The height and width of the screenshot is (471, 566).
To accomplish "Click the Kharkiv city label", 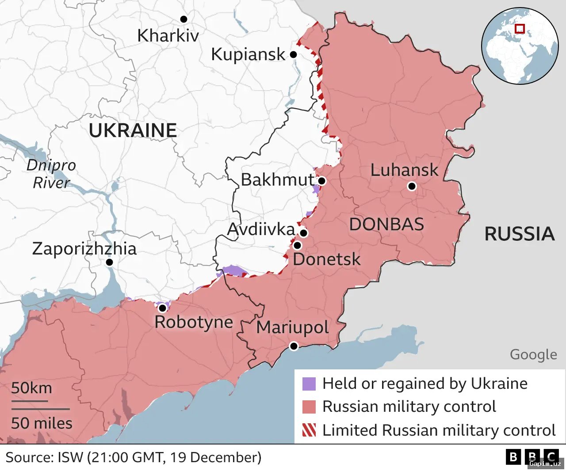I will [x=168, y=36].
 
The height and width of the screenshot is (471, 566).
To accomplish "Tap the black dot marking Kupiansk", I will [x=293, y=55].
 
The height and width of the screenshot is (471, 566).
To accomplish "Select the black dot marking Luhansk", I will [x=412, y=186].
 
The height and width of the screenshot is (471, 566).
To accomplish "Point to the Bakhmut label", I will [x=277, y=180].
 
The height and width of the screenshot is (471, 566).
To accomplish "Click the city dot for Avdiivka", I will [x=303, y=233].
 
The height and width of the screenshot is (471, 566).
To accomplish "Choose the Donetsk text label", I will [x=326, y=259].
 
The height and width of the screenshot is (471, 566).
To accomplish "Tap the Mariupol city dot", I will [x=294, y=346].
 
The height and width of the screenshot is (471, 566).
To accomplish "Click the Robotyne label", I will [x=194, y=322].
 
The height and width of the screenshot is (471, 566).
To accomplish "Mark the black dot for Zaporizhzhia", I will [x=110, y=262].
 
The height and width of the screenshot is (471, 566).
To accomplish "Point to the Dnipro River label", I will [x=51, y=174].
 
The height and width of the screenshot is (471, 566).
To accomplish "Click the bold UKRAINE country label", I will [x=133, y=131].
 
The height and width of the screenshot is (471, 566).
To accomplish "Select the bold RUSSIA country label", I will [x=520, y=234].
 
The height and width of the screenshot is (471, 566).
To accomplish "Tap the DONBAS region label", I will [x=386, y=224].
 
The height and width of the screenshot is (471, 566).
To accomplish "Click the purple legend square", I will [x=309, y=384].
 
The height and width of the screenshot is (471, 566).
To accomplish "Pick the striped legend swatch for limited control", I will [x=309, y=430].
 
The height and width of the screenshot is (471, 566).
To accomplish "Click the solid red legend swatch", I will [x=309, y=407].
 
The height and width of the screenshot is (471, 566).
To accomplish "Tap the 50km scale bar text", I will [x=31, y=388].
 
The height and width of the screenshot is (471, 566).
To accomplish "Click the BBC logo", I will [x=532, y=457].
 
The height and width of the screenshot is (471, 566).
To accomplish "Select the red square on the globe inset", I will [x=520, y=29].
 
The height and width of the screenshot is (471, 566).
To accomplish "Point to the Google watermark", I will [x=533, y=354].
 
